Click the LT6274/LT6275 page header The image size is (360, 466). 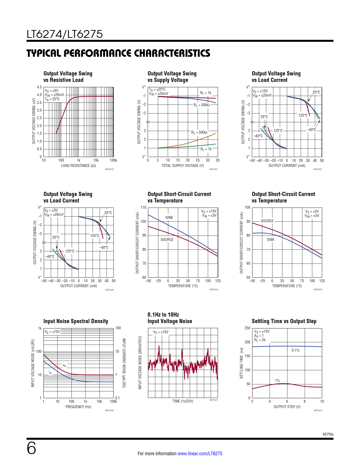click(x=65, y=34)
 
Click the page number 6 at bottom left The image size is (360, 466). click(x=31, y=448)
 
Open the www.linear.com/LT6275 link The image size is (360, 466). click(x=200, y=454)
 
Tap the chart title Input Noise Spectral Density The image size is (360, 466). click(x=76, y=321)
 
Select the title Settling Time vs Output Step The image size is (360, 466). click(x=284, y=321)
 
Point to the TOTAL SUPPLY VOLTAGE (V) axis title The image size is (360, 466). click(x=183, y=166)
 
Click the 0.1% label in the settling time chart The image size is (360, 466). click(x=295, y=350)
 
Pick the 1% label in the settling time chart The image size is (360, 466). click(x=278, y=381)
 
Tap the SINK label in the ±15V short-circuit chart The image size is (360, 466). click(x=169, y=218)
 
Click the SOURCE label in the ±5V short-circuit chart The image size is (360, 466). click(x=267, y=221)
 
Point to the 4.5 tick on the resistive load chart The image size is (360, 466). click(x=39, y=87)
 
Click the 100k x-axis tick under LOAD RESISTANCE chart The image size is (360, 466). click(x=113, y=160)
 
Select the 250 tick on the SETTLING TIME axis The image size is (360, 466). click(x=247, y=328)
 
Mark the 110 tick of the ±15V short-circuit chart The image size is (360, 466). click(x=143, y=208)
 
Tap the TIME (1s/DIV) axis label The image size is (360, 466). click(x=183, y=401)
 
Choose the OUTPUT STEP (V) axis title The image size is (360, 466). click(x=287, y=407)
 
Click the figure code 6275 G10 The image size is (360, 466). click(x=109, y=169)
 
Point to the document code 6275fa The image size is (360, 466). click(x=328, y=434)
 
